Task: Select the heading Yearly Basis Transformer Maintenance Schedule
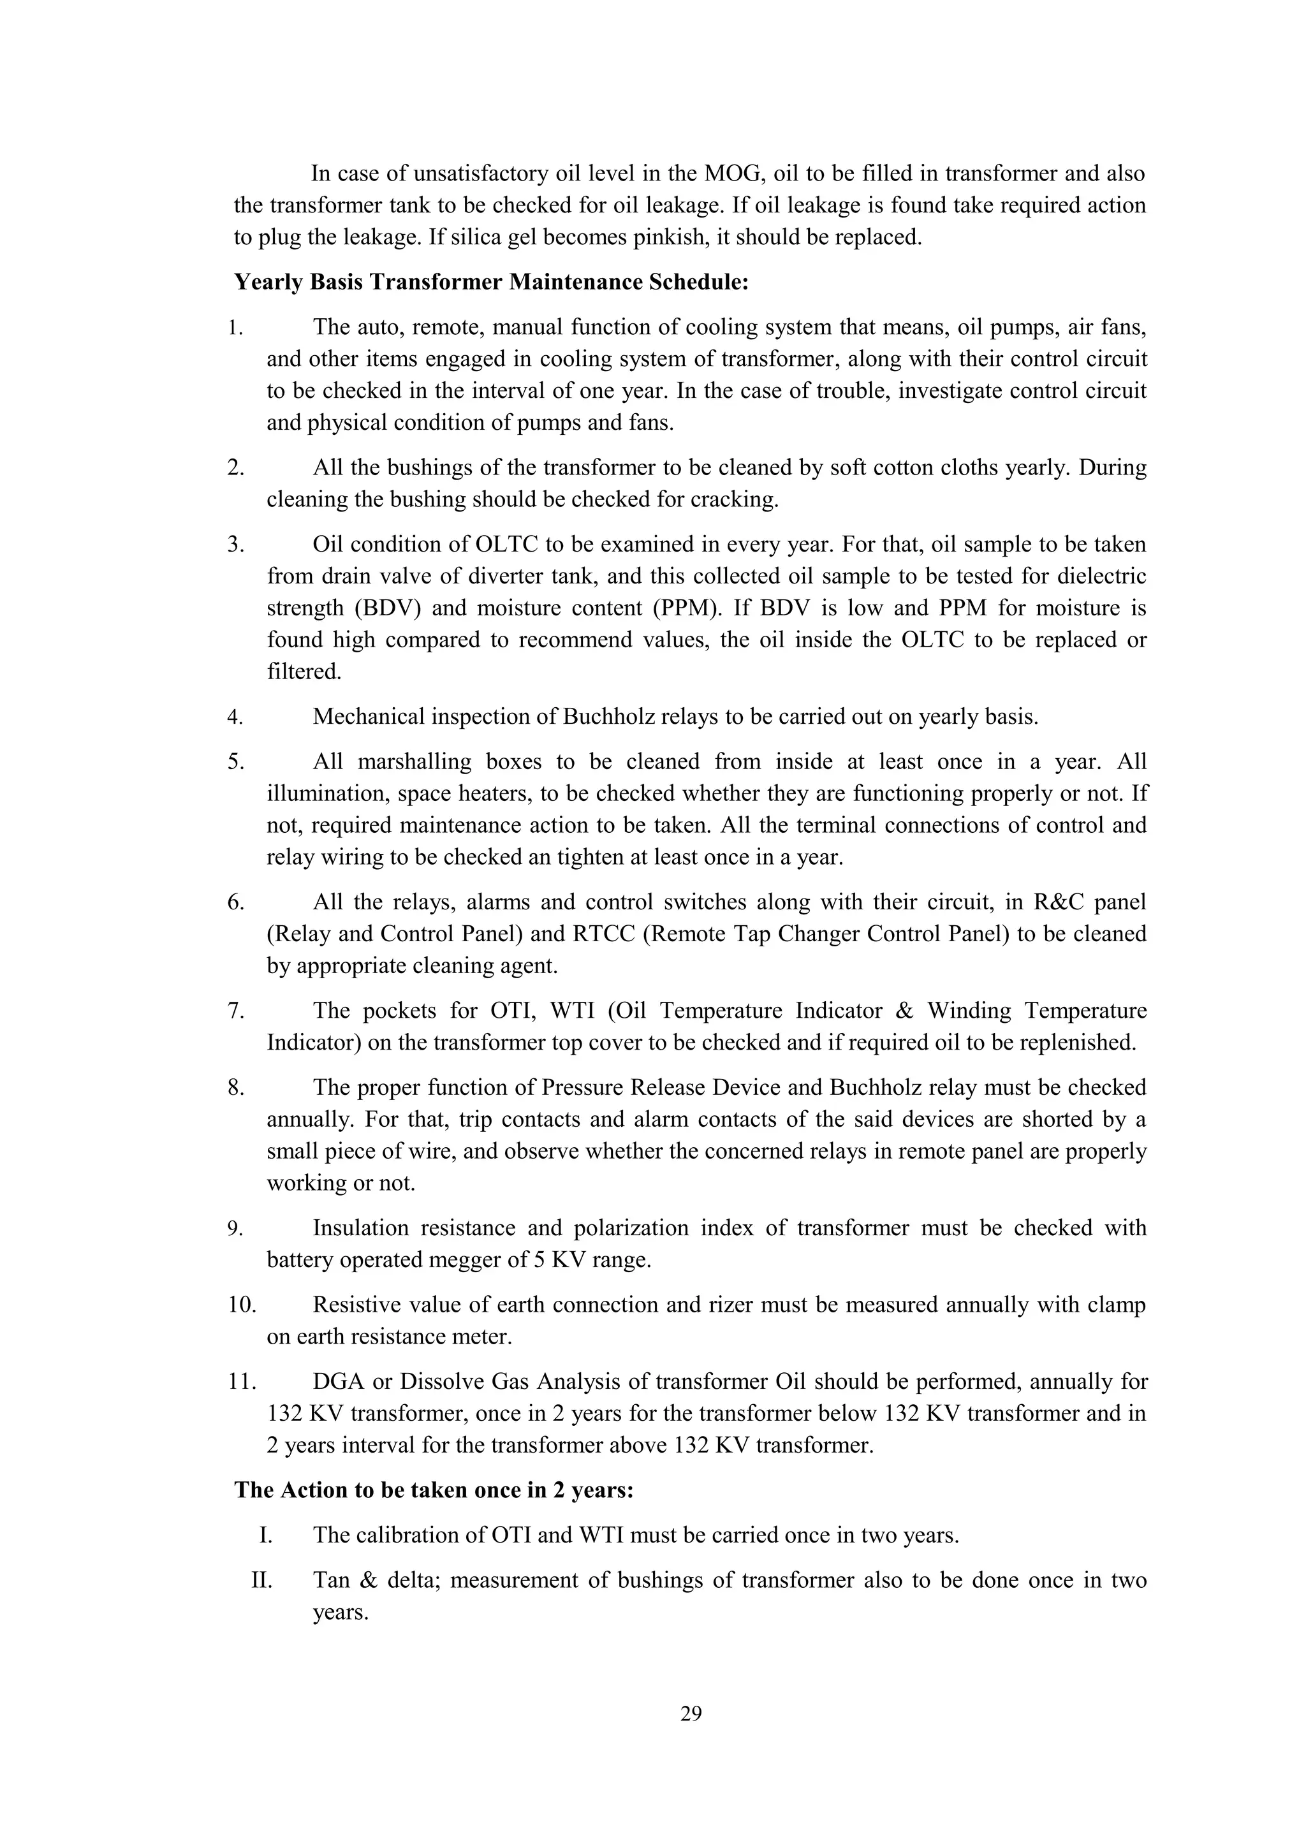point(492,282)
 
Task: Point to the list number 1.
point(234,328)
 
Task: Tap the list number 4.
point(235,717)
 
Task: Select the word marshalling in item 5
point(422,761)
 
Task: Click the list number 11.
point(240,1382)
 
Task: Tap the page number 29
point(691,1713)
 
